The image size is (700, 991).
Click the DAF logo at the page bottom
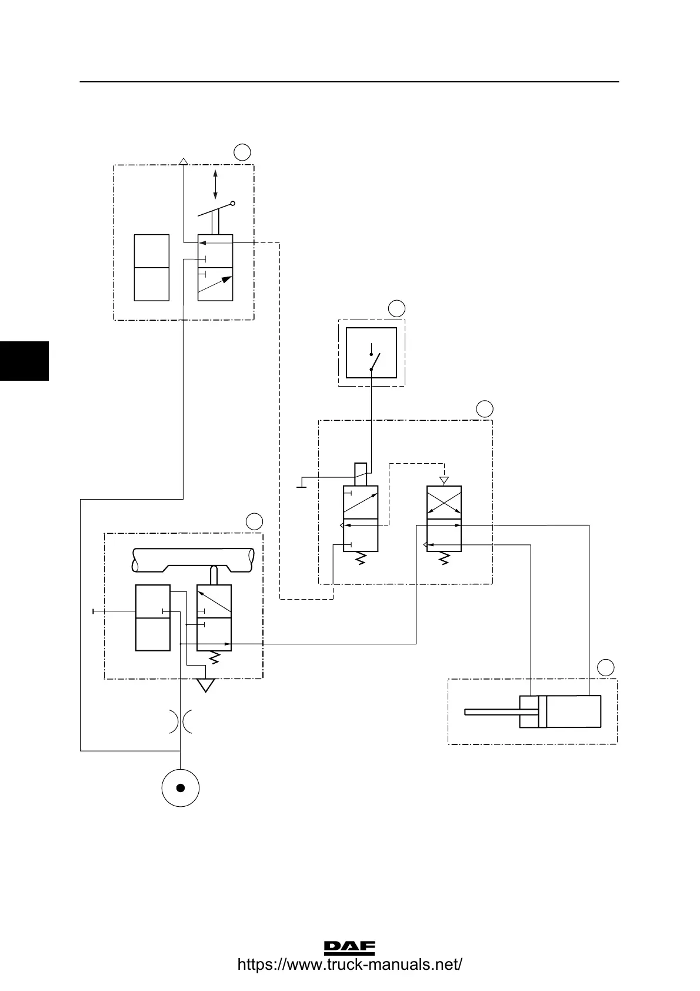pos(349,947)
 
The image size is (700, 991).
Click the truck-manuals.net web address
pos(349,965)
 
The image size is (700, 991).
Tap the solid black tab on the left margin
pos(24,360)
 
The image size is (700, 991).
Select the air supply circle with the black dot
pos(181,788)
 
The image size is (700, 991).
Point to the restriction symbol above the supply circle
pos(181,721)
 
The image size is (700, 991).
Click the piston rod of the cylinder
pos(492,712)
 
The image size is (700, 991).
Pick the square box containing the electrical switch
pos(371,352)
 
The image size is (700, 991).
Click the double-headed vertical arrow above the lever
pos(215,184)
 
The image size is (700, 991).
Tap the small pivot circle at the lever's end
pos(233,204)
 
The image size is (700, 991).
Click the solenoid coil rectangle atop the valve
pos(361,474)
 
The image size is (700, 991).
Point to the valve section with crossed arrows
pos(444,502)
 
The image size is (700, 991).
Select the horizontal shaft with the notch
pos(194,560)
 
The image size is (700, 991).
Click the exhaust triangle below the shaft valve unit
pos(205,685)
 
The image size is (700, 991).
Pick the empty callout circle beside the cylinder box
pos(606,667)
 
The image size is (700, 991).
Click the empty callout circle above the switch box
pos(397,308)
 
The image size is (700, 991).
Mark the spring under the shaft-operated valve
pos(214,658)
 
